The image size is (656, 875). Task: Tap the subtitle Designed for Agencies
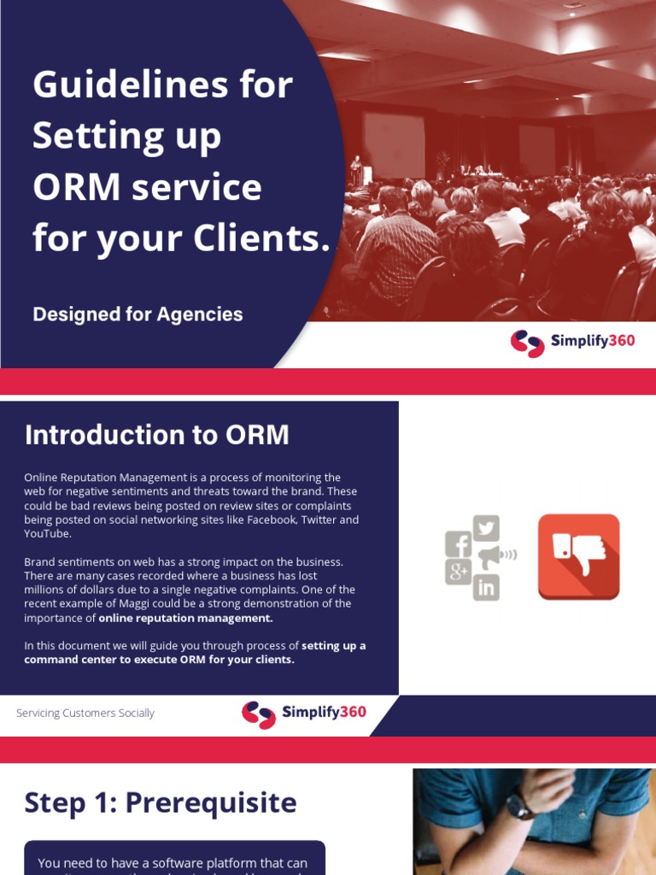coord(138,314)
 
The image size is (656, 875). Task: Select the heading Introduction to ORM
coord(157,436)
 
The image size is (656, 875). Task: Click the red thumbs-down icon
coord(578,556)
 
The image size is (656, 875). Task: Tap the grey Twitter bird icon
coord(486,528)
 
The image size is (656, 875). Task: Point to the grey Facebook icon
coord(459,544)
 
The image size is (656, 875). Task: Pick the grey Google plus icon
coord(459,572)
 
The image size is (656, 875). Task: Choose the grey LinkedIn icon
coord(486,587)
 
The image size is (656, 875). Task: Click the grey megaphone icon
coord(493,557)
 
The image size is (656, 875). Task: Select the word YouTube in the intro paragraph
coord(48,534)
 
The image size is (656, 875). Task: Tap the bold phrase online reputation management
coord(186,618)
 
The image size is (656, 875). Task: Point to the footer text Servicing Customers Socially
coord(85,713)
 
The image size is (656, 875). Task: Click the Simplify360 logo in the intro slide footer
coord(304,714)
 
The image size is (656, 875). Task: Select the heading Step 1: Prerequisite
coord(161,803)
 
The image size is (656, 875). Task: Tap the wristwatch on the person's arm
coord(519,804)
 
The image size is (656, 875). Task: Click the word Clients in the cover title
coord(264,239)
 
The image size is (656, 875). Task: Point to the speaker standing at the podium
coord(355,167)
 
